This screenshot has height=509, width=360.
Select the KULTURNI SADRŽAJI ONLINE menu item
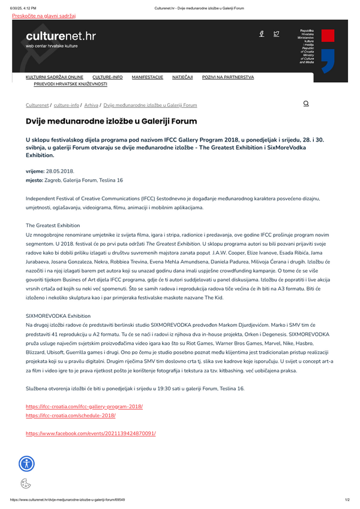click(x=55, y=77)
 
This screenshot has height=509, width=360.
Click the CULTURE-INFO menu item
click(x=107, y=77)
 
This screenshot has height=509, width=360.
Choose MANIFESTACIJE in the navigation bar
click(x=147, y=77)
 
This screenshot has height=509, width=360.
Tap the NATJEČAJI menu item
click(x=182, y=77)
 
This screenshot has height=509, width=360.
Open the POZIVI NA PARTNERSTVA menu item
click(x=228, y=77)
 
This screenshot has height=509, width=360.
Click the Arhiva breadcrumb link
click(x=92, y=105)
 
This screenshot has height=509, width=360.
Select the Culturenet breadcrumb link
click(x=37, y=105)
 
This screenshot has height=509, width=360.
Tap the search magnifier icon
click(x=306, y=104)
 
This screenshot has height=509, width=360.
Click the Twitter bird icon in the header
click(x=276, y=34)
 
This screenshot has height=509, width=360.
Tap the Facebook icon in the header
click(x=262, y=34)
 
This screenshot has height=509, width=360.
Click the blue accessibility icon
click(x=27, y=463)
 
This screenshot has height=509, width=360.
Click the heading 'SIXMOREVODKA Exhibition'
click(x=58, y=315)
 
